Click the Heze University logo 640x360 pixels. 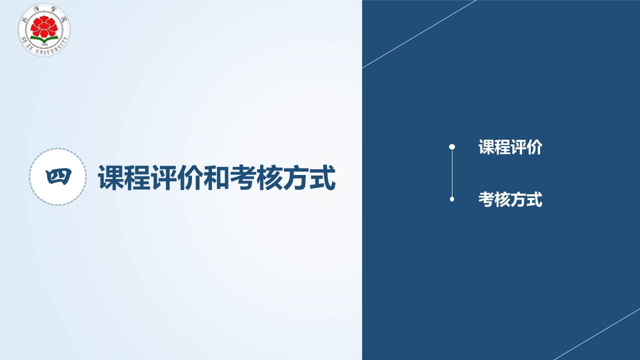click(x=44, y=29)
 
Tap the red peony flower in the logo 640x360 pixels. click(x=44, y=26)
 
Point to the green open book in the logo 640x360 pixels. click(x=44, y=39)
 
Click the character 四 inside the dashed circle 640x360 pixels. click(x=58, y=177)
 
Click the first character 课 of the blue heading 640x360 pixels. click(x=110, y=177)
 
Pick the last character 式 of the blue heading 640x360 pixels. click(x=322, y=177)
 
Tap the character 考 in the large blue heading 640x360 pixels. click(x=242, y=177)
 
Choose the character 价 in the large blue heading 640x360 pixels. click(x=189, y=177)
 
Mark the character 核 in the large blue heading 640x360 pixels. click(x=269, y=177)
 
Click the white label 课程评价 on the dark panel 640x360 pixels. click(x=510, y=147)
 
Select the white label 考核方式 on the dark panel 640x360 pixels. click(x=510, y=199)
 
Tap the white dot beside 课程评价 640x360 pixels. click(x=452, y=147)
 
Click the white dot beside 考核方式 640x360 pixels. click(x=452, y=199)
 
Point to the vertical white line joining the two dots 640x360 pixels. click(x=452, y=173)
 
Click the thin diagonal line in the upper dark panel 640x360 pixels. click(x=419, y=34)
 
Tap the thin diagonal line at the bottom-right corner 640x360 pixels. click(x=597, y=334)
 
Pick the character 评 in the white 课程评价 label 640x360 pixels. click(x=518, y=147)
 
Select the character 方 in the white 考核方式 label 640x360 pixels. click(x=518, y=199)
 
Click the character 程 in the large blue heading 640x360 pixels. click(x=137, y=177)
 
